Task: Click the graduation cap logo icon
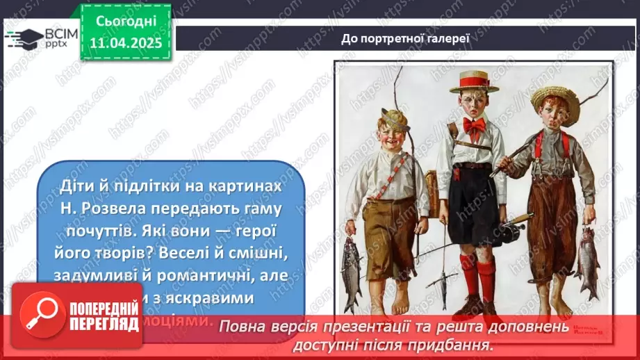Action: coord(23,38)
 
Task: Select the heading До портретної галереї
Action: coord(406,38)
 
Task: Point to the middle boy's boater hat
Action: coord(474,81)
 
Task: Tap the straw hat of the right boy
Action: coord(555,101)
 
